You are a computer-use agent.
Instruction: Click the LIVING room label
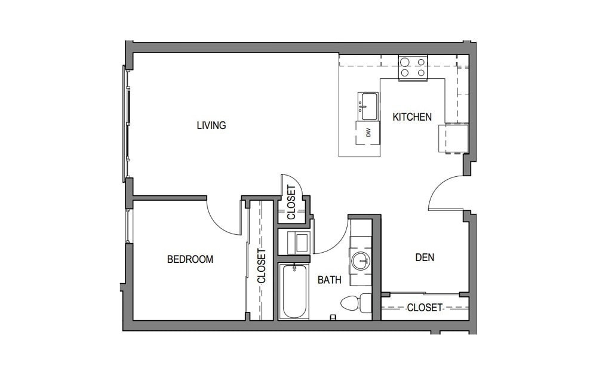(211, 125)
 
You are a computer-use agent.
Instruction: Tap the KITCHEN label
(411, 117)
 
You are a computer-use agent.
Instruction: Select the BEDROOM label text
(190, 259)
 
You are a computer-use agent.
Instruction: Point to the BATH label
(329, 280)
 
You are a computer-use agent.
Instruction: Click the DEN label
(424, 258)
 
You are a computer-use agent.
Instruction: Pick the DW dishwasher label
(368, 133)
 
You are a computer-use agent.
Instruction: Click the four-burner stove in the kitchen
(413, 68)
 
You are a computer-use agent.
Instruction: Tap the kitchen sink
(368, 106)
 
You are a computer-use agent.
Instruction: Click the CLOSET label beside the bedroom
(261, 265)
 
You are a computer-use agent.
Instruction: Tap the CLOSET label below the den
(425, 308)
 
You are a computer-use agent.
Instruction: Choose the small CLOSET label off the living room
(291, 203)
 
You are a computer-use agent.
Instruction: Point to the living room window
(127, 123)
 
